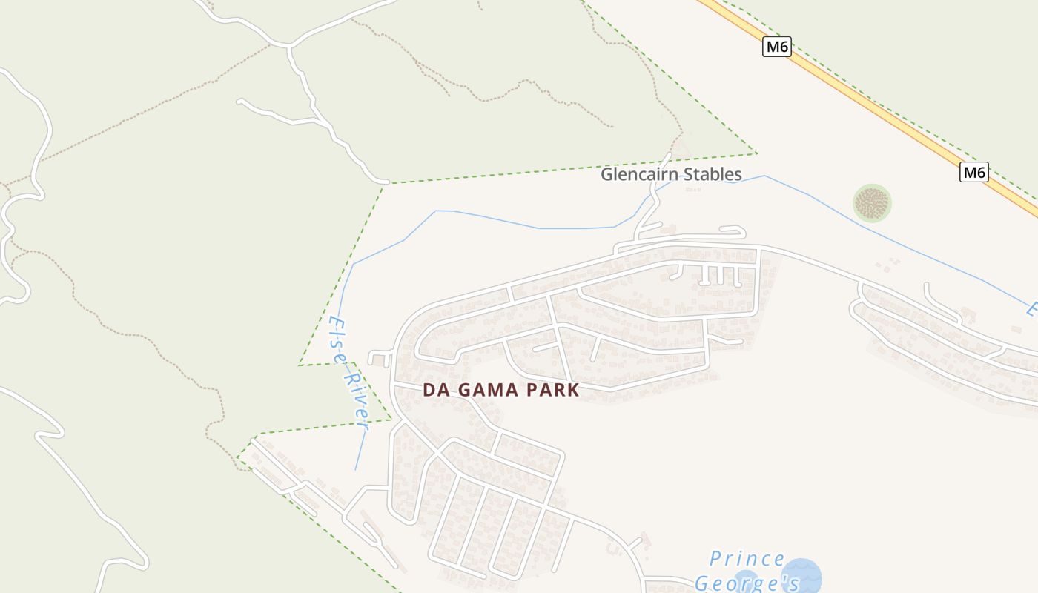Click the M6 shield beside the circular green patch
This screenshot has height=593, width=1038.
pyautogui.click(x=974, y=173)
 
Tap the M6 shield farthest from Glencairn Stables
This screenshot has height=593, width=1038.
pyautogui.click(x=776, y=47)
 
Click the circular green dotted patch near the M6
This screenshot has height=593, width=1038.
pyautogui.click(x=872, y=202)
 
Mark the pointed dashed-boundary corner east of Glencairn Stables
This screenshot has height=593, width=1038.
pyautogui.click(x=756, y=153)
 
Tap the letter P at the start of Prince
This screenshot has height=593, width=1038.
pyautogui.click(x=715, y=558)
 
